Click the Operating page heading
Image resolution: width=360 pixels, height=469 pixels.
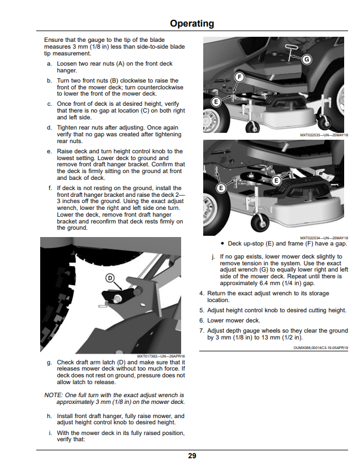pyautogui.click(x=192, y=23)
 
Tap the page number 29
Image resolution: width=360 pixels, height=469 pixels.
pyautogui.click(x=192, y=455)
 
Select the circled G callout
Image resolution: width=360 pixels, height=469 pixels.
pyautogui.click(x=306, y=59)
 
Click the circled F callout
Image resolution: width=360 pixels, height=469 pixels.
pyautogui.click(x=239, y=77)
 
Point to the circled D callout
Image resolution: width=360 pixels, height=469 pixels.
pyautogui.click(x=110, y=278)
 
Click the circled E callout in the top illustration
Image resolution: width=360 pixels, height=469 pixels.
pyautogui.click(x=216, y=102)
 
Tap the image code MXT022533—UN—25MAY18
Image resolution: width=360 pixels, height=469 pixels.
pyautogui.click(x=324, y=135)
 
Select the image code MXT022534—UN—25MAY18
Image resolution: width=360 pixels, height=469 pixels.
pyautogui.click(x=324, y=238)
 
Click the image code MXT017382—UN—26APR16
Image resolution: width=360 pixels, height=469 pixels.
pyautogui.click(x=161, y=356)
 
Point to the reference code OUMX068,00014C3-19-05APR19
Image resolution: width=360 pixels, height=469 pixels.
pyautogui.click(x=321, y=348)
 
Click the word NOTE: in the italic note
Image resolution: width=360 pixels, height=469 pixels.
pyautogui.click(x=53, y=395)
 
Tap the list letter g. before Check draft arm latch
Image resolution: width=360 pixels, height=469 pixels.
pyautogui.click(x=49, y=363)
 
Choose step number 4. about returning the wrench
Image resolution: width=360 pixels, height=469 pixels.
pyautogui.click(x=202, y=294)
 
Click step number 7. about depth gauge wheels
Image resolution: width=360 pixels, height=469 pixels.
pyautogui.click(x=202, y=330)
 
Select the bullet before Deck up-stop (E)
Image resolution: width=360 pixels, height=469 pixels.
pyautogui.click(x=222, y=243)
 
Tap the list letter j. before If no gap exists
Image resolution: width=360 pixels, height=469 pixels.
pyautogui.click(x=213, y=257)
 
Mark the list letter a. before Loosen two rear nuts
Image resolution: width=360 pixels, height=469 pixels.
pyautogui.click(x=49, y=64)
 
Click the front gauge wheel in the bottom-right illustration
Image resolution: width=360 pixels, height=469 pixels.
pyautogui.click(x=260, y=222)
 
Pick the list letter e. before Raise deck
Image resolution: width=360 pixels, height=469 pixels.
pyautogui.click(x=49, y=152)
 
